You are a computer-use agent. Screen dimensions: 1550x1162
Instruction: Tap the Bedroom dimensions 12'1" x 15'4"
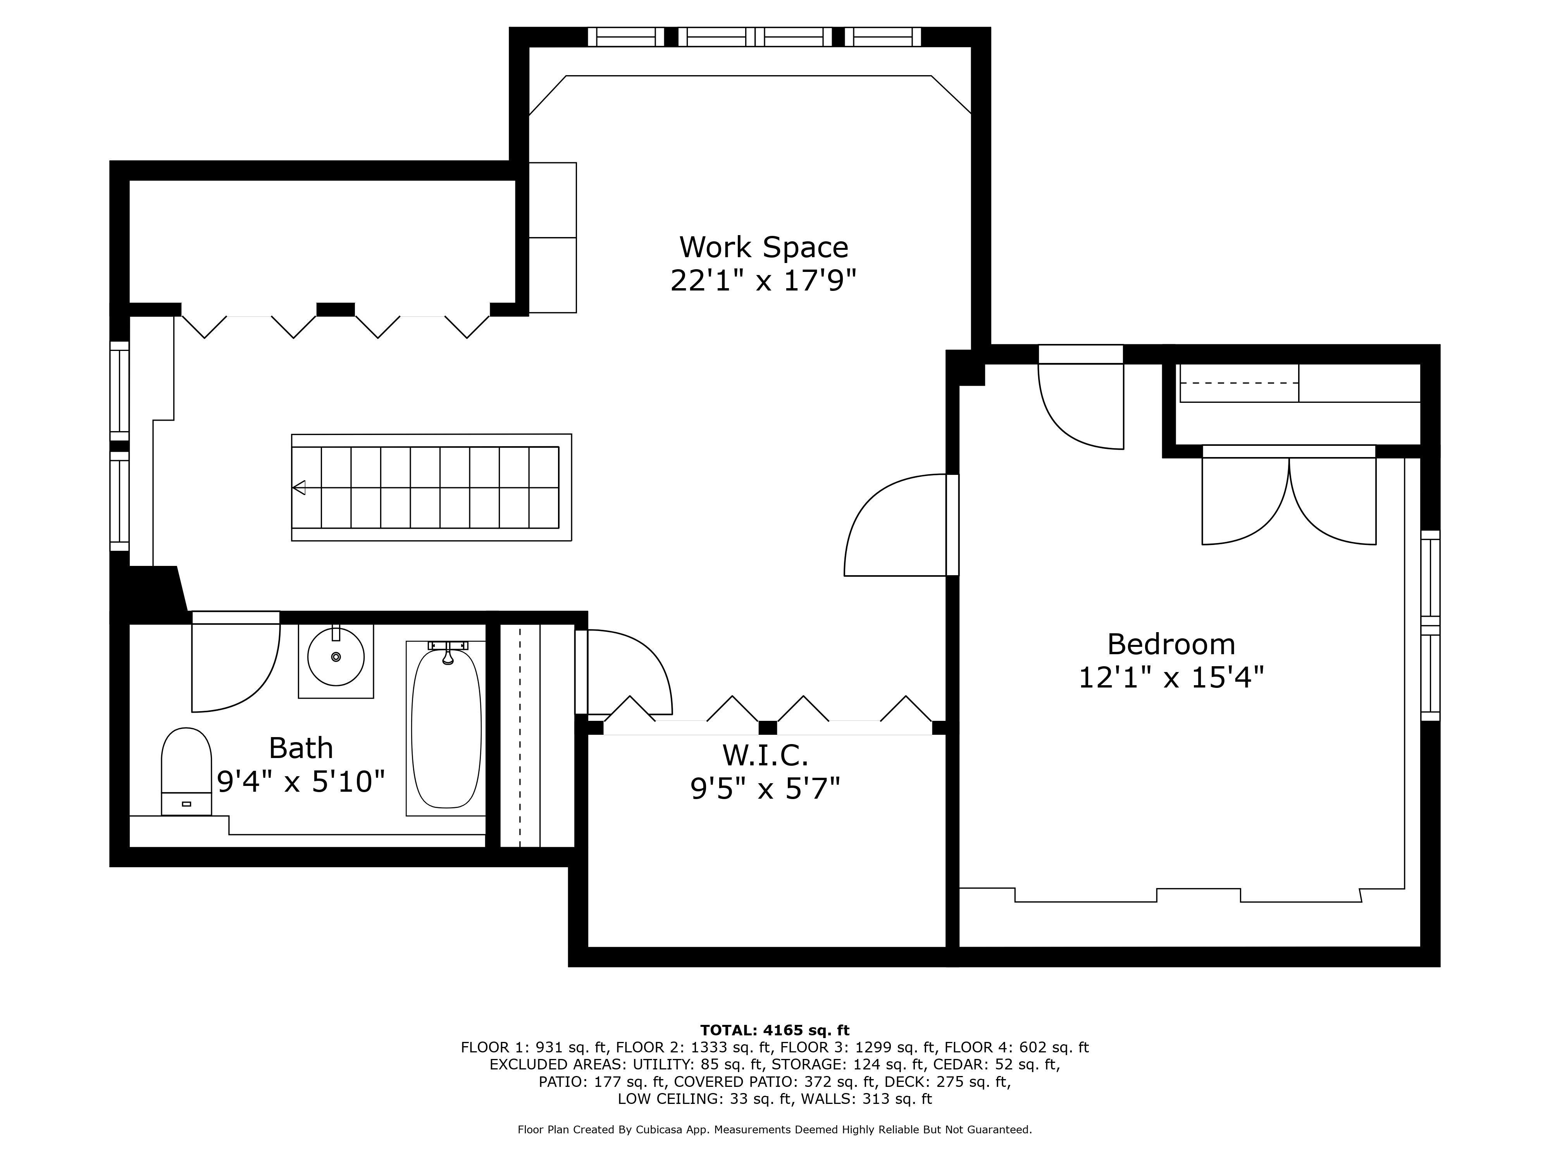(x=1171, y=677)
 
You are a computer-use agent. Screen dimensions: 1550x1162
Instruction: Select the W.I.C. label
(x=765, y=755)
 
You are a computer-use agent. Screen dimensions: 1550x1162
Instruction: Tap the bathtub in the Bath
(x=446, y=729)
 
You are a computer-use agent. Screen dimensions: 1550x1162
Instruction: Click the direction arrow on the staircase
(x=299, y=488)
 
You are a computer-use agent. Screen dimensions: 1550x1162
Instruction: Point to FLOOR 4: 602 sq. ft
(x=1017, y=1048)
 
